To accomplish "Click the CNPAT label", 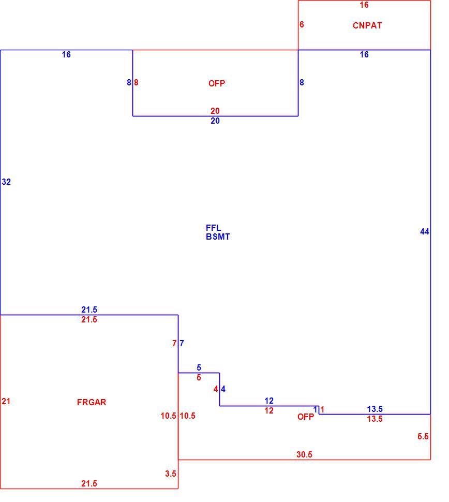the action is pos(367,25).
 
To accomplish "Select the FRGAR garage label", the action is pos(92,402).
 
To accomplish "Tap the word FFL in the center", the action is pos(214,228).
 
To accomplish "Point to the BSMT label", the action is pos(218,237).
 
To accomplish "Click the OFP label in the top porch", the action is pos(217,83).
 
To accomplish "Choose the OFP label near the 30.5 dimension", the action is pos(306,417).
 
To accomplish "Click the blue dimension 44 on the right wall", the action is pos(425,231).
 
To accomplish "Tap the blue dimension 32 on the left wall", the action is pos(6,182).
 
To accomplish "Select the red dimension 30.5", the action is pos(304,454).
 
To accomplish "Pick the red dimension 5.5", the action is pos(423,436).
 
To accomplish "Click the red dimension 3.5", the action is pos(171,474).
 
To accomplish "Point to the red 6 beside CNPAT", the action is pos(302,25).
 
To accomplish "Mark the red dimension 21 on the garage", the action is pos(6,401).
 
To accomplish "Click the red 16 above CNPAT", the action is pos(364,5).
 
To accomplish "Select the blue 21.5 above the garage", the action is pos(89,309).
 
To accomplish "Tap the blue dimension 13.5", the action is pos(375,409).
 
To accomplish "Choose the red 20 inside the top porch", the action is pos(215,111).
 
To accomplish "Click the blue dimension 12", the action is pos(269,401).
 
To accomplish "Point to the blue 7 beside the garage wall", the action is pos(182,343).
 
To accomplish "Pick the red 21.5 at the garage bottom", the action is pos(89,483).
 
